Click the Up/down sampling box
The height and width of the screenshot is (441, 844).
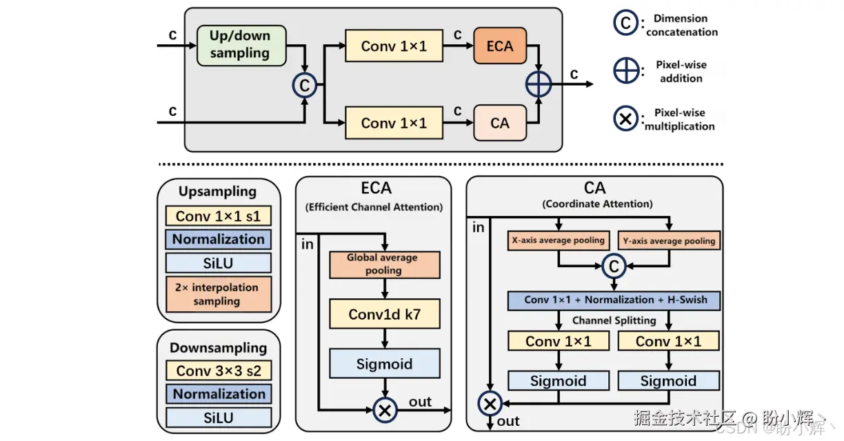[x=240, y=45]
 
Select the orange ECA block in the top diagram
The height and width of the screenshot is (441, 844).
[x=500, y=46]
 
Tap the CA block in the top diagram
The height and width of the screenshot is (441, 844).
[x=500, y=123]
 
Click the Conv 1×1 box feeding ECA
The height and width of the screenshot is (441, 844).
[x=394, y=46]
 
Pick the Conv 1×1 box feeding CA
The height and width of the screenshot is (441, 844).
[x=394, y=123]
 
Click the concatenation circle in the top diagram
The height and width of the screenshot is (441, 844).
[x=304, y=85]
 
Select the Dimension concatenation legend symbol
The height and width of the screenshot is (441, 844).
[x=625, y=23]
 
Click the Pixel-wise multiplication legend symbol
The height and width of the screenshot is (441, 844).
[x=625, y=119]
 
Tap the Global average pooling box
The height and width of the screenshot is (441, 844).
[x=383, y=264]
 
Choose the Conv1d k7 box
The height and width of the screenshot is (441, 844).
[x=384, y=315]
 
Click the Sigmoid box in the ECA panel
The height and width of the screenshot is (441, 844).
[x=384, y=363]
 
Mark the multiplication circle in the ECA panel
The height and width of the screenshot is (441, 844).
[x=385, y=410]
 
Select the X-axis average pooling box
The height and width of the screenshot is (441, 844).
[x=558, y=241]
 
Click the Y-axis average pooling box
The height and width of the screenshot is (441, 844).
[x=669, y=241]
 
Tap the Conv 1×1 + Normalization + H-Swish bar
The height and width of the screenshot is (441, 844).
[x=613, y=300]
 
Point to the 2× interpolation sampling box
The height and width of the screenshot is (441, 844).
[x=218, y=294]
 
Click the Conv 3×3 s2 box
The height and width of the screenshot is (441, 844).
[x=218, y=371]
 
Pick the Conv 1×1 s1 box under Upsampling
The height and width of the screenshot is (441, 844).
[x=218, y=216]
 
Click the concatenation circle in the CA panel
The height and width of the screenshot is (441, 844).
[x=613, y=264]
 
